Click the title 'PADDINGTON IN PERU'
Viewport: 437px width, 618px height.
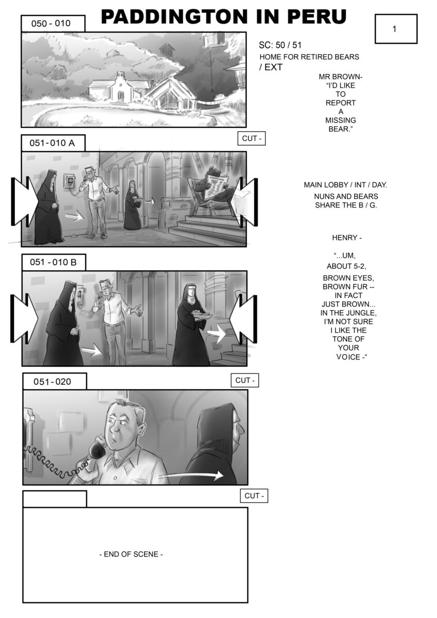(224, 16)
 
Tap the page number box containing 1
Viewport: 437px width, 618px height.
(396, 29)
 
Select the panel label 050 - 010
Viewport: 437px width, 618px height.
(51, 24)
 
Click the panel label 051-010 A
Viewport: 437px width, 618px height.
(52, 143)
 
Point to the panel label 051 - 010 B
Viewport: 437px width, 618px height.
(53, 262)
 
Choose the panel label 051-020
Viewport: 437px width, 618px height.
(52, 382)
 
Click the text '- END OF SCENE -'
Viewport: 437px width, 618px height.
(131, 554)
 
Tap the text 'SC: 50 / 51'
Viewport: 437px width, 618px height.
(280, 45)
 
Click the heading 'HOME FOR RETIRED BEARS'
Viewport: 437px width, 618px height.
(309, 57)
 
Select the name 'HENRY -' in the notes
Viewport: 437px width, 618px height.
(347, 237)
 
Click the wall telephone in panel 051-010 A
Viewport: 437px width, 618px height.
(69, 181)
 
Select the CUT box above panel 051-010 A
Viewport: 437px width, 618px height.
(251, 139)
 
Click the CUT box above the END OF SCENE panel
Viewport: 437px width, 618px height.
(254, 496)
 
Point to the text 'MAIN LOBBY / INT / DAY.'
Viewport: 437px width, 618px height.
(345, 185)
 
